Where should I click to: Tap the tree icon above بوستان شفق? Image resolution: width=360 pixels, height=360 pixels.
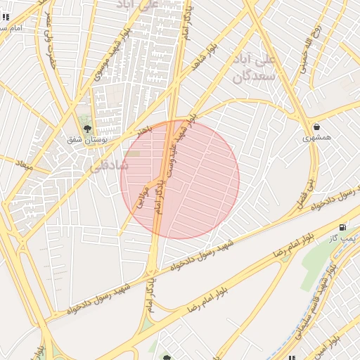pos(87,129)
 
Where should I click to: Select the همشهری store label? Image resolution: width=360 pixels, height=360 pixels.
pos(316,138)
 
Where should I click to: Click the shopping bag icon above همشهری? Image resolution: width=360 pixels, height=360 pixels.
pos(316,127)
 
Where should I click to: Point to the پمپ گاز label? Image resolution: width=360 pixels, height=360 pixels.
pos(344,239)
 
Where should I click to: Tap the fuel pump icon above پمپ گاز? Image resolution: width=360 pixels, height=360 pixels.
pos(342,227)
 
